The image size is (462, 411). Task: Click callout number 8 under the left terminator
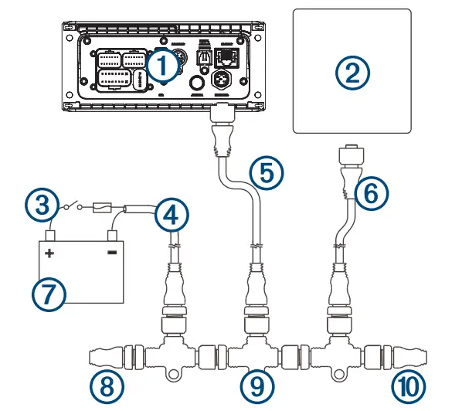[105, 384]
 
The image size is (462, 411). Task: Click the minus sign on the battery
[112, 252]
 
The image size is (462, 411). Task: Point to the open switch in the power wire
[73, 207]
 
